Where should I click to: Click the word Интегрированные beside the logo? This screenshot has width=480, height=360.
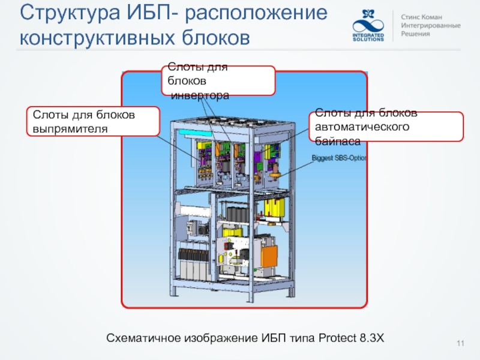click(431, 26)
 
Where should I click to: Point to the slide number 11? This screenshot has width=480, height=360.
click(461, 343)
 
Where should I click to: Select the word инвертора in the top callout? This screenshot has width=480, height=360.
click(200, 95)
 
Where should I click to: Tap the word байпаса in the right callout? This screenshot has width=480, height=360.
click(338, 142)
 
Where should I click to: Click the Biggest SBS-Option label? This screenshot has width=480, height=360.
click(339, 158)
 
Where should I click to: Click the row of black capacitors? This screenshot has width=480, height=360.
click(236, 212)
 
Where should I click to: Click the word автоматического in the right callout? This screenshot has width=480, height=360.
click(363, 127)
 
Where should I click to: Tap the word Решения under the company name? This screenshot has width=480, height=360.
click(416, 35)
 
